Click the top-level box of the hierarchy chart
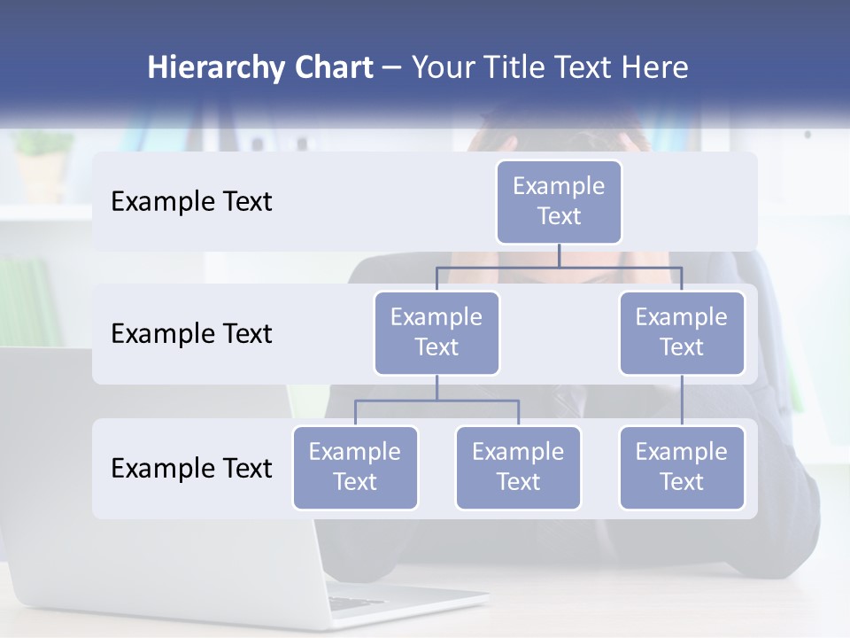559,201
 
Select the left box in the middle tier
437,332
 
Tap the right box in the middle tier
682,332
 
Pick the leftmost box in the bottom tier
355,467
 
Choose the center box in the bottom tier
518,467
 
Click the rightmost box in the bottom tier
682,467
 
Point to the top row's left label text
191,202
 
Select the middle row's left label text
191,334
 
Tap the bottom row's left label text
191,469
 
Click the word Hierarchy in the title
214,68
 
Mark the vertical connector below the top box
559,255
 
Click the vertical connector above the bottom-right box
682,401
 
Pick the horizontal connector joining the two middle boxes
559,267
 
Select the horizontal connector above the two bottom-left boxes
437,401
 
